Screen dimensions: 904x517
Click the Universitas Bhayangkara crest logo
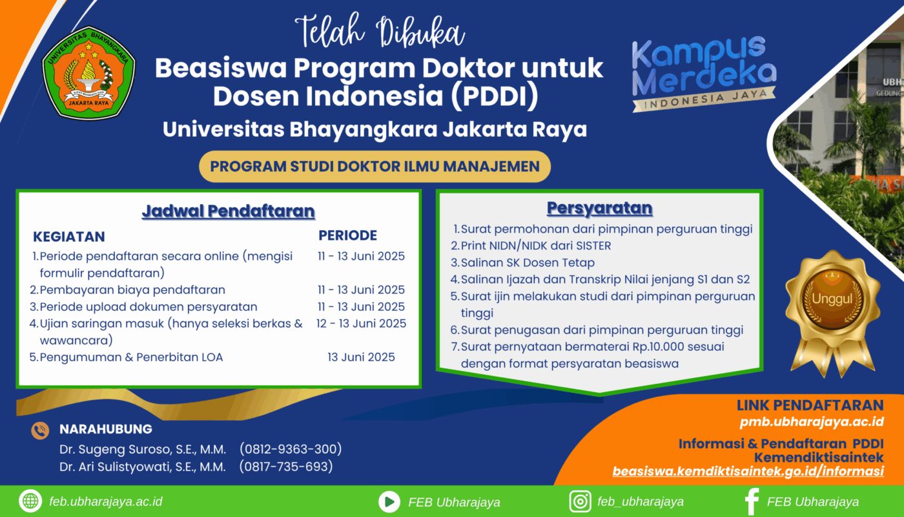tap(89, 73)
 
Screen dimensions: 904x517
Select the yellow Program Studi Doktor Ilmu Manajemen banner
tap(375, 167)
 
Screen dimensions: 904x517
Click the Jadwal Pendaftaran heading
tap(228, 211)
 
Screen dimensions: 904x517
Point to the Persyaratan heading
tap(599, 208)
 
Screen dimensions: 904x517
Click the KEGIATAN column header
tap(69, 237)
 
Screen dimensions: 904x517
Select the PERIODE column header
tap(347, 235)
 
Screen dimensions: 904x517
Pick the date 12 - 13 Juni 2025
tap(361, 324)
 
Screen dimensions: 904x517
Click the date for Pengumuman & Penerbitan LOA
tap(361, 357)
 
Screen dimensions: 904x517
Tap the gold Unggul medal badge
tap(832, 313)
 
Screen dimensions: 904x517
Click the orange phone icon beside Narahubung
tap(40, 430)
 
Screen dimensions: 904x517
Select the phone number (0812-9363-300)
tap(291, 448)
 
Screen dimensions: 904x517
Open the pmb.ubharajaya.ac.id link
tap(812, 421)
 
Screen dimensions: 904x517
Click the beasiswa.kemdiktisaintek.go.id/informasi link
tap(748, 471)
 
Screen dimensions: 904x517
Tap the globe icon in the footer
tap(30, 501)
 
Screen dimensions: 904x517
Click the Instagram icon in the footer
tap(580, 501)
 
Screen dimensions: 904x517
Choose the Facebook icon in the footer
tap(752, 501)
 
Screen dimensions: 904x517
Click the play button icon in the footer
tap(389, 501)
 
